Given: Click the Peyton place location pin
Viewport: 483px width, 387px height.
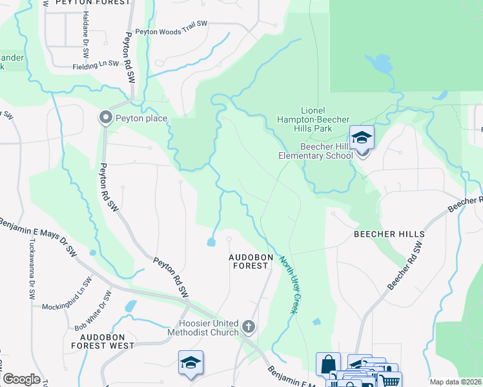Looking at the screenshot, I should (x=105, y=117).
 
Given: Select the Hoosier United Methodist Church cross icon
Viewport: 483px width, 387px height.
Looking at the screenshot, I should (x=249, y=327).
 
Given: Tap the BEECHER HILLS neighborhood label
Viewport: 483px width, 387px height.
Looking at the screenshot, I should (x=389, y=234).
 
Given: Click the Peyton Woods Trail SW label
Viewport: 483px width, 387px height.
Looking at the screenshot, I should (x=171, y=27).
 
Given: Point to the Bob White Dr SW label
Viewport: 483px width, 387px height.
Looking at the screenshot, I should (x=92, y=312).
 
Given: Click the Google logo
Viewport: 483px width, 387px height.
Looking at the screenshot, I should (x=21, y=379).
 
